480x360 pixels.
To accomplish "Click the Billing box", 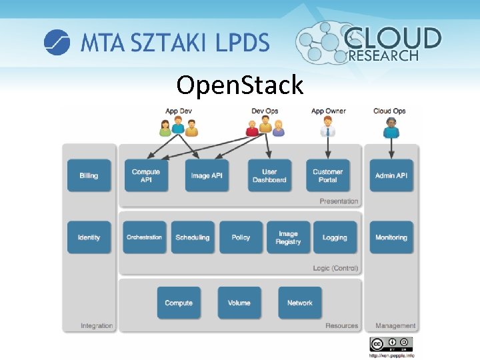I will click(x=89, y=175).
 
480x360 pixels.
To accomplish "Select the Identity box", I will click(x=89, y=237).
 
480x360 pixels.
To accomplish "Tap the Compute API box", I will click(x=146, y=175).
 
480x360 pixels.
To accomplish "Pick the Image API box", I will click(x=207, y=175).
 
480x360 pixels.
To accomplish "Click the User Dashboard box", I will click(x=269, y=175).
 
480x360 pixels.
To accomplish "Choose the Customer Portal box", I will click(x=327, y=175).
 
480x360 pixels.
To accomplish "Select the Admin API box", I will click(x=391, y=175).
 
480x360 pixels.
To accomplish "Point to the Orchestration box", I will click(x=145, y=237).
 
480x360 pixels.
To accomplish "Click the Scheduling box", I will click(x=193, y=237).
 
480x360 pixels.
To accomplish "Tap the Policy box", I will click(x=241, y=237).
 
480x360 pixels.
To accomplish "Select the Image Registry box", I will click(x=289, y=237).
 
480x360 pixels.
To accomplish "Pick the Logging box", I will click(x=335, y=237).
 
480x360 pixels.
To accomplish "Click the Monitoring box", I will click(x=391, y=237).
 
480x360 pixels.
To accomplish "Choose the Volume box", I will click(x=239, y=303).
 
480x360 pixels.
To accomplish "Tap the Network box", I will click(x=300, y=303).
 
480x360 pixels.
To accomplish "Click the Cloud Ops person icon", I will click(x=391, y=127).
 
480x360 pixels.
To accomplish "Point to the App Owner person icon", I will click(x=327, y=126).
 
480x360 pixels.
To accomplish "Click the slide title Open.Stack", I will click(x=240, y=85).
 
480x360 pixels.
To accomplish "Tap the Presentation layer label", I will click(x=339, y=201).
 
